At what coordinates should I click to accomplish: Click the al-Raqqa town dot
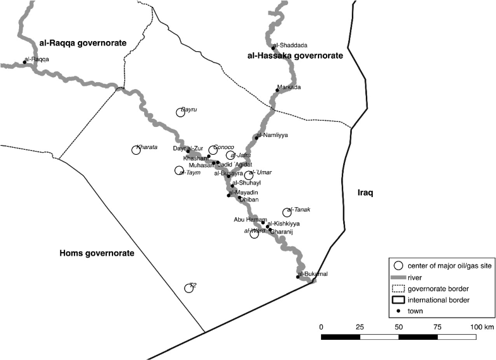tap(25, 62)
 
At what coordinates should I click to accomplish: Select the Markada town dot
tap(277, 90)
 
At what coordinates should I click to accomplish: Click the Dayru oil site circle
tap(181, 112)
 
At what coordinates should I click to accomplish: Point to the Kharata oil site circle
tap(136, 150)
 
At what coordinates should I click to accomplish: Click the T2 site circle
tap(188, 288)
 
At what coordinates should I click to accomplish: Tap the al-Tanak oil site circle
tap(287, 213)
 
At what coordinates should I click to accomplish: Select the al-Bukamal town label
tap(313, 273)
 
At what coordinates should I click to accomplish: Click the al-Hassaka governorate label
tap(294, 56)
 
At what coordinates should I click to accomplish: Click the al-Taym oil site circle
tap(179, 170)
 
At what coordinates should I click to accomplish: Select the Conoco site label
tap(224, 147)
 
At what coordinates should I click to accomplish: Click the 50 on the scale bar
tap(398, 327)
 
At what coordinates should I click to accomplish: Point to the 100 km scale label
tap(483, 327)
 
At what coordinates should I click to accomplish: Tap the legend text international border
tap(442, 299)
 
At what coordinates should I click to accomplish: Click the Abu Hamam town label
tap(246, 219)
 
